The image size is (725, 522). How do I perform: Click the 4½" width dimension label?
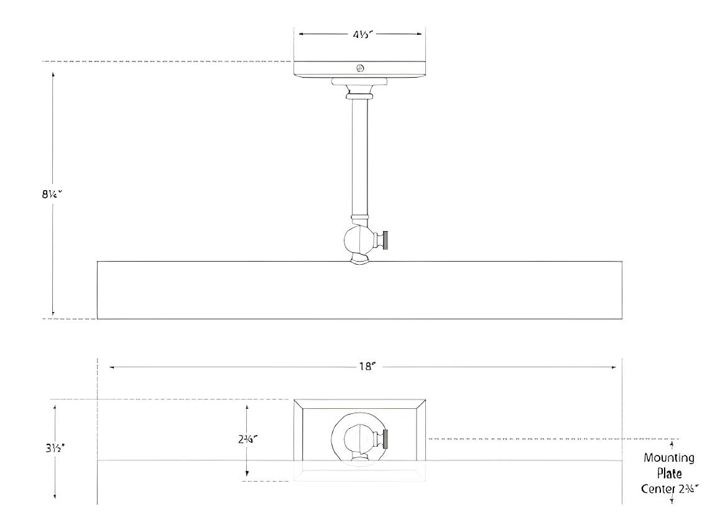pos(359,35)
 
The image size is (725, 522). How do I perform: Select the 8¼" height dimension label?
pos(49,193)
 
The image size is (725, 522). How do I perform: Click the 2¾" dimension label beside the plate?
pos(247,439)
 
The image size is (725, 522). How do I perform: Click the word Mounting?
pos(668,458)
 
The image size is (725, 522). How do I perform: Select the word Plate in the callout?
pos(669,473)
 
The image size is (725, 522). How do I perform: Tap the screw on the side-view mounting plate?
pos(359,68)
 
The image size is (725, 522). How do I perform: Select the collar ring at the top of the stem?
pos(359,96)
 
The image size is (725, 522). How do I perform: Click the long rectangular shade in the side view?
pos(359,290)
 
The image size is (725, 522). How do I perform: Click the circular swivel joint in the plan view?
pos(357,439)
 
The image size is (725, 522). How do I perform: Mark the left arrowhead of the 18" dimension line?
pos(113,367)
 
